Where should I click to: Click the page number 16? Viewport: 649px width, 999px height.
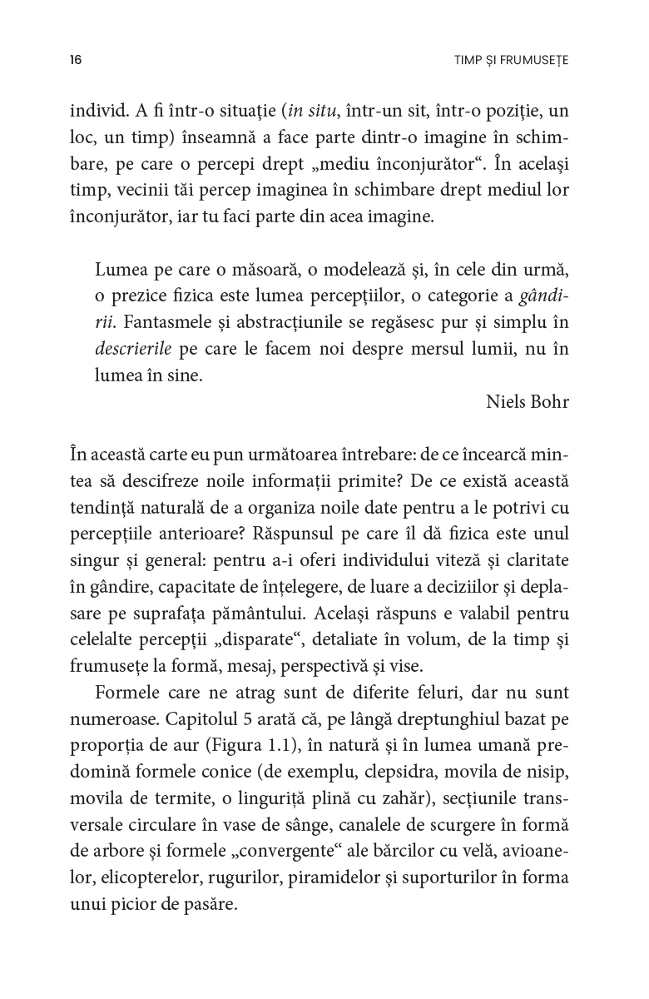pyautogui.click(x=76, y=61)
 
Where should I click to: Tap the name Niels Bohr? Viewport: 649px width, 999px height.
pyautogui.click(x=528, y=401)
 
